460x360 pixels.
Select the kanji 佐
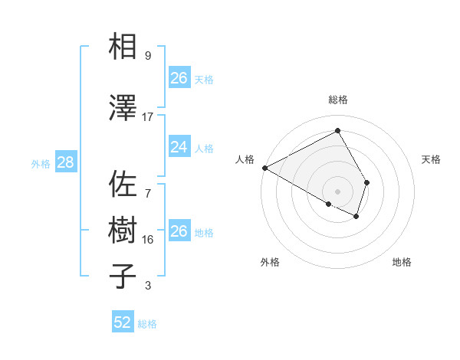[123, 185]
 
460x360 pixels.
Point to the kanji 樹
[123, 231]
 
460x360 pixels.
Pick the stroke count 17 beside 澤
[148, 117]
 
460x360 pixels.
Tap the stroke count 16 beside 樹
[148, 240]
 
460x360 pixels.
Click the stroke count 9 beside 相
[148, 56]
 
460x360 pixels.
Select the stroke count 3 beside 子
[148, 286]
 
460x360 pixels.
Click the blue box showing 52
[123, 322]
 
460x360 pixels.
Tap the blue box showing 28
[65, 162]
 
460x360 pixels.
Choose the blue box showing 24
[179, 147]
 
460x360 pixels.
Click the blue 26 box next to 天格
[179, 78]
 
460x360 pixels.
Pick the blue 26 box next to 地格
[179, 231]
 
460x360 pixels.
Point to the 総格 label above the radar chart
[337, 100]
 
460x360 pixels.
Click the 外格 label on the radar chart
[270, 262]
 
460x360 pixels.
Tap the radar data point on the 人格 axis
[264, 168]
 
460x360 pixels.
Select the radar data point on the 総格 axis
[337, 130]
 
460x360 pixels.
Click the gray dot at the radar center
[337, 190]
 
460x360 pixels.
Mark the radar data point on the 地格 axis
[356, 217]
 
